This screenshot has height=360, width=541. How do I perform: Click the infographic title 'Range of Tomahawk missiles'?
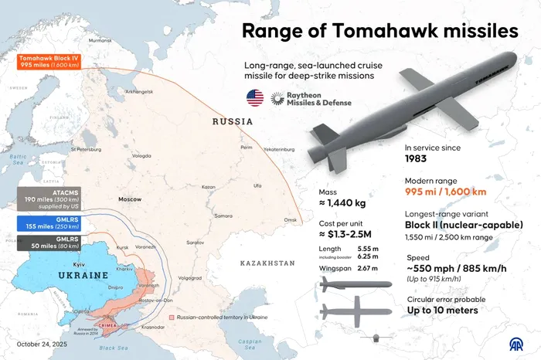(379, 31)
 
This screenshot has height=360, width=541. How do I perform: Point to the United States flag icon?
(254, 98)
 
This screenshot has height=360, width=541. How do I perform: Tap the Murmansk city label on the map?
(100, 39)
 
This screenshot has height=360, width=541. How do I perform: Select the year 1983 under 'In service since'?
(416, 159)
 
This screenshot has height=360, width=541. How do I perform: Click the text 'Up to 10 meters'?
(443, 311)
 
